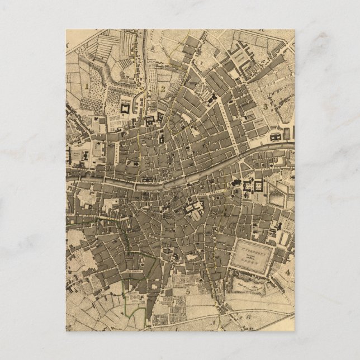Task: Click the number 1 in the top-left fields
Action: [88, 86]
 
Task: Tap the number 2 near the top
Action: [162, 88]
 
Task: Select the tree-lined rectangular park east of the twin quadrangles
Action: [279, 195]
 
